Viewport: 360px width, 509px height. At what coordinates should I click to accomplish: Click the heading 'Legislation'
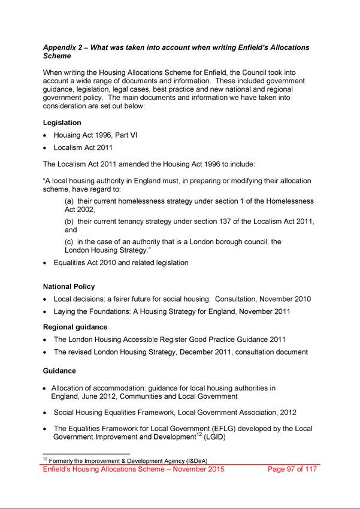(62, 123)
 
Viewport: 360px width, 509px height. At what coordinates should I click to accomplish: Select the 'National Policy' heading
(69, 287)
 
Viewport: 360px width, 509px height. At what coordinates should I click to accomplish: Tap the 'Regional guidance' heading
(75, 328)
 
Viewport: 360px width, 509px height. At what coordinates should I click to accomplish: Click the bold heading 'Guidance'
(59, 371)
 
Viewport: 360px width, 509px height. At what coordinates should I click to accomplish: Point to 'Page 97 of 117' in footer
(292, 469)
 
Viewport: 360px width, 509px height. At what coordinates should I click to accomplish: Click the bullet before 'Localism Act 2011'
(46, 147)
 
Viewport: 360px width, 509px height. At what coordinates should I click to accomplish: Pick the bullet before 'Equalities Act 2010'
(46, 263)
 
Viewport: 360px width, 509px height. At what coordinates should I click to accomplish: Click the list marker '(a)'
(69, 202)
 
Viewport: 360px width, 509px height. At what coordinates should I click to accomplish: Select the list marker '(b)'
(69, 222)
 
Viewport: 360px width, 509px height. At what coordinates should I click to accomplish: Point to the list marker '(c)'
(69, 242)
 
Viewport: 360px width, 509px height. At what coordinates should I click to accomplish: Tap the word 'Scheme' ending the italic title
(58, 56)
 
